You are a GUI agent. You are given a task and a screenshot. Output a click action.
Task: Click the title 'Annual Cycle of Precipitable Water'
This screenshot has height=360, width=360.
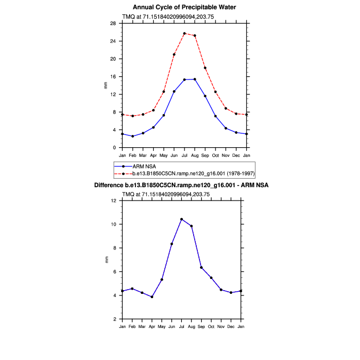click(184, 7)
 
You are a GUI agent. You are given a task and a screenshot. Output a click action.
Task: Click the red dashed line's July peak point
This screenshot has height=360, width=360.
click(184, 34)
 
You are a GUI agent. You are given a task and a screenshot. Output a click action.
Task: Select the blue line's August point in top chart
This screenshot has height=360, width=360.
click(195, 79)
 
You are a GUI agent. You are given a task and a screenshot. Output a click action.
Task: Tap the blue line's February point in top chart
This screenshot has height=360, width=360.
click(133, 136)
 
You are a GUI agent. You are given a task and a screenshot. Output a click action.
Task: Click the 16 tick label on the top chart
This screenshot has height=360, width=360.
click(114, 76)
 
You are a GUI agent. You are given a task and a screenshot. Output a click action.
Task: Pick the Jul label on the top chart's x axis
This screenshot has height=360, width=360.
click(184, 155)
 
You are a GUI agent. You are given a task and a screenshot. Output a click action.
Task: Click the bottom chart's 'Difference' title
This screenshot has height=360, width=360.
click(181, 185)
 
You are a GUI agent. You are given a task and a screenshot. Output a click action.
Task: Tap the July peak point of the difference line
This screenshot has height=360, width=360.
click(181, 219)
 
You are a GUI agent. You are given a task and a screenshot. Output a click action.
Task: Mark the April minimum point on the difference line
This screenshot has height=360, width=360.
click(152, 297)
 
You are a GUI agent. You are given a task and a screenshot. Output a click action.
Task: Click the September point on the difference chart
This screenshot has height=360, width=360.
click(202, 267)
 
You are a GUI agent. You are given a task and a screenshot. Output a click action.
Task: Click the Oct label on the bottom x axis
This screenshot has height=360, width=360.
click(211, 326)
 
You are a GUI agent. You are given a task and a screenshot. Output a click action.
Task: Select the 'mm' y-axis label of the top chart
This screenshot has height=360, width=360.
click(106, 85)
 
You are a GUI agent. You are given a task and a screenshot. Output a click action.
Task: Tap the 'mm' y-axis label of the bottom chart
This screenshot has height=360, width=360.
click(106, 260)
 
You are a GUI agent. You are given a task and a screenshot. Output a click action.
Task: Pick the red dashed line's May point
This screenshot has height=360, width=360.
click(164, 91)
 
